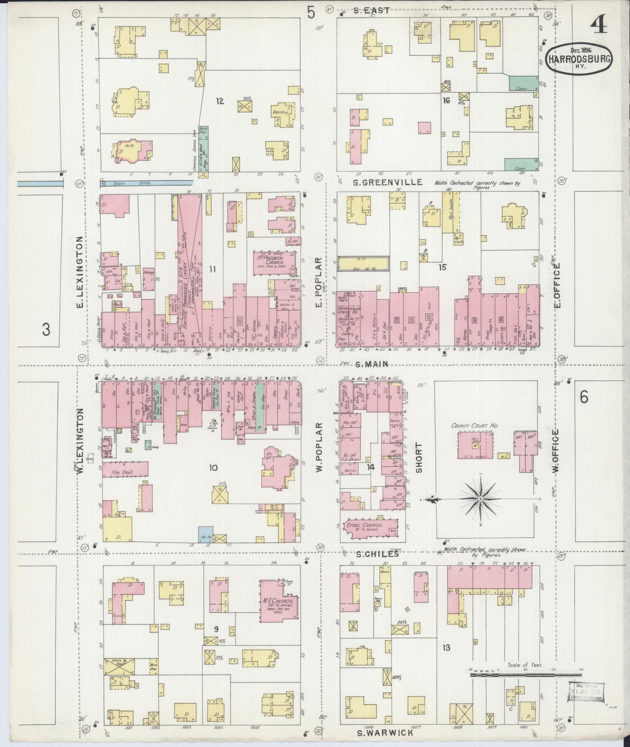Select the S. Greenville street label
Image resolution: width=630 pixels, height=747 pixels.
(x=388, y=182)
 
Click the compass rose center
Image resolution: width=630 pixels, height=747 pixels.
(x=480, y=498)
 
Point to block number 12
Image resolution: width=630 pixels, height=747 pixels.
(x=219, y=101)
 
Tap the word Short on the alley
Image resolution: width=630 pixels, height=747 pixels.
(x=419, y=458)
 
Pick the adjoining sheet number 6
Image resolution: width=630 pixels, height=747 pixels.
(x=584, y=397)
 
